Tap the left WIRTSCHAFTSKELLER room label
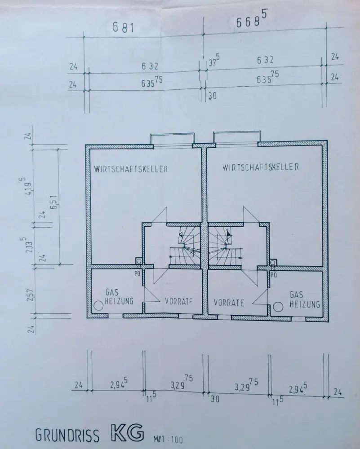click(x=131, y=169)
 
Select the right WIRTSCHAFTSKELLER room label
click(x=261, y=167)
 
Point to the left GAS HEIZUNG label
click(x=119, y=296)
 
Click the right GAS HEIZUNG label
click(x=305, y=299)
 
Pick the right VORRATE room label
click(x=229, y=303)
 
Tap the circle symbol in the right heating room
click(x=278, y=306)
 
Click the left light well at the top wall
click(x=172, y=139)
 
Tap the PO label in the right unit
click(x=273, y=273)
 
